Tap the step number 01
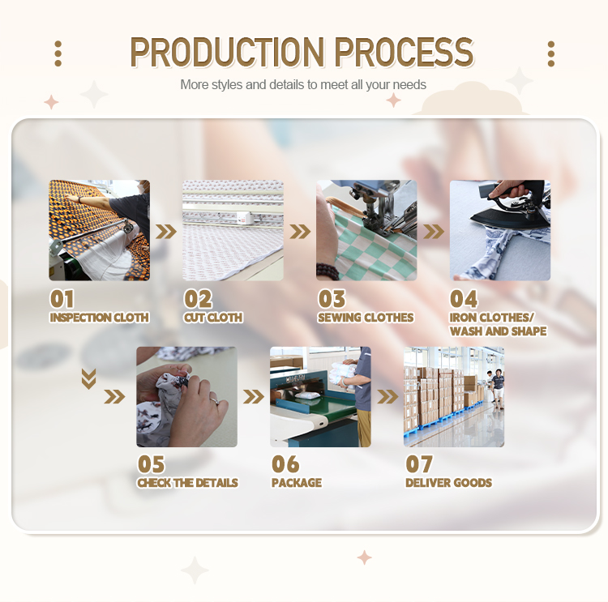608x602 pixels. (x=62, y=299)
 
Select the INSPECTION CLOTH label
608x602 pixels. (x=99, y=318)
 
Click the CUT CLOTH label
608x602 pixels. (x=212, y=318)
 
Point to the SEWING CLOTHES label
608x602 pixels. (x=366, y=318)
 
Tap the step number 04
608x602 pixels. (x=464, y=299)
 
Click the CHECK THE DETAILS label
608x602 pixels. (x=187, y=483)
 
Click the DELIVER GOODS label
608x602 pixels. (x=448, y=483)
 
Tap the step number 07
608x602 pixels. (x=419, y=464)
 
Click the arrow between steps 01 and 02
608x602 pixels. (x=166, y=233)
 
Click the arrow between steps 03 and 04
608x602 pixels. (x=434, y=233)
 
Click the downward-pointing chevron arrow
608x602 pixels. (x=89, y=378)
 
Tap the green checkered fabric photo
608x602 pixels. (x=366, y=230)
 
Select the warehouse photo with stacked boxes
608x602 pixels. (x=454, y=397)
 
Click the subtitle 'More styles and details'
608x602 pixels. (x=302, y=84)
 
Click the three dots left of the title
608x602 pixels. (x=58, y=53)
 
